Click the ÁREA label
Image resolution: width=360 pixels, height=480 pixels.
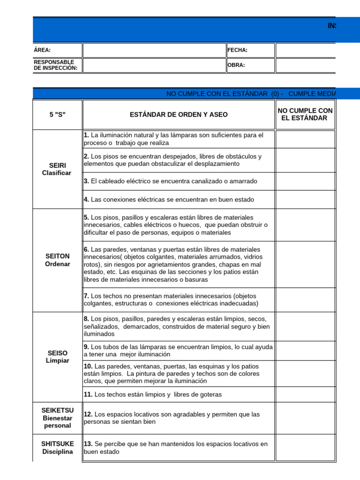[x=43, y=50]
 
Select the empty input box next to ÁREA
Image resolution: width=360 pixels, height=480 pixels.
[x=154, y=51]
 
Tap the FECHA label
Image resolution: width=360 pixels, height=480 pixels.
[x=238, y=50]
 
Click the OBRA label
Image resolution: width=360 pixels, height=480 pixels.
[x=236, y=65]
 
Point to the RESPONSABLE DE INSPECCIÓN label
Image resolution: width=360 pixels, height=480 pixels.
[x=54, y=65]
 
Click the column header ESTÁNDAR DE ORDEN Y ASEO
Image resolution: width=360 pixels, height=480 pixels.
[x=179, y=114]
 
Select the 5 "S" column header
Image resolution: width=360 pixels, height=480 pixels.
[x=57, y=114]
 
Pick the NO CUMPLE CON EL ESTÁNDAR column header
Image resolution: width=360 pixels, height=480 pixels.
[x=305, y=114]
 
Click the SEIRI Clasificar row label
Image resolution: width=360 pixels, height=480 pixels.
[x=57, y=169]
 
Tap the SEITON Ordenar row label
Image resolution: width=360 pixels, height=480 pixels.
[x=57, y=260]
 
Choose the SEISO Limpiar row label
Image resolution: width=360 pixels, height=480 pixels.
[x=57, y=357]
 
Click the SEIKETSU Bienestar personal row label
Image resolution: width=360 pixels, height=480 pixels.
[x=57, y=418]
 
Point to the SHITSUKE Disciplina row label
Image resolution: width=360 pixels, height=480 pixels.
[x=57, y=448]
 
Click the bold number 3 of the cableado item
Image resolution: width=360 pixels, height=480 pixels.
[x=86, y=181]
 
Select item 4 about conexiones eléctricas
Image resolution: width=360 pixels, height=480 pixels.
[x=169, y=199]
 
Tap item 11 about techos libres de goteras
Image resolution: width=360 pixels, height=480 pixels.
[x=153, y=394]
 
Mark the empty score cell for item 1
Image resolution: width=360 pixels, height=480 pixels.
[x=305, y=139]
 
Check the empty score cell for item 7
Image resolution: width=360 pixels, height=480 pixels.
[x=305, y=300]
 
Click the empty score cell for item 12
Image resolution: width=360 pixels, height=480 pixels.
[x=305, y=418]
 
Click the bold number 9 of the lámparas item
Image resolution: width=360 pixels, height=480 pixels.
[x=86, y=347]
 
